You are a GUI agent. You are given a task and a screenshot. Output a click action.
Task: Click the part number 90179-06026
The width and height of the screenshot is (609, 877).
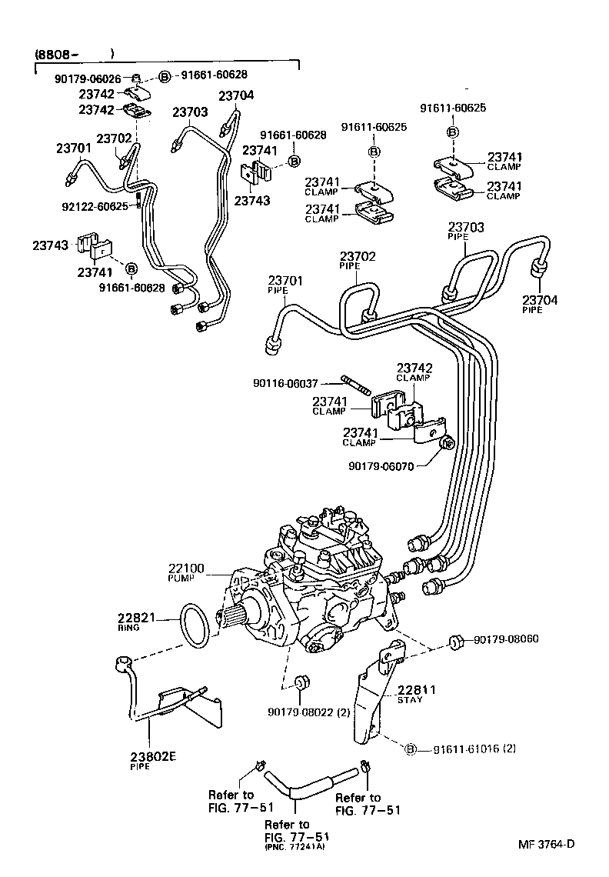[88, 78]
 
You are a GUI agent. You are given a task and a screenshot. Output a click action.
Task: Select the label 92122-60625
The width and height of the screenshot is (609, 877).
[95, 206]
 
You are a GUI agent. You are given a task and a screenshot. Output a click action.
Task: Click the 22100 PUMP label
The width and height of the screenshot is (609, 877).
[186, 572]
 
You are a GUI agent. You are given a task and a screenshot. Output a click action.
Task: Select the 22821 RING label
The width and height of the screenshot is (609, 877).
[137, 620]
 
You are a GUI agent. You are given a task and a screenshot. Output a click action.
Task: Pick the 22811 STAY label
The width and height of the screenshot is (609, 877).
[416, 695]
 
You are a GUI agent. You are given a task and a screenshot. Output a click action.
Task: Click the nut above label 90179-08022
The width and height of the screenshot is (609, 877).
[301, 683]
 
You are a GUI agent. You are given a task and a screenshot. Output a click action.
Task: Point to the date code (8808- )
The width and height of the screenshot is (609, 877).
[73, 54]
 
